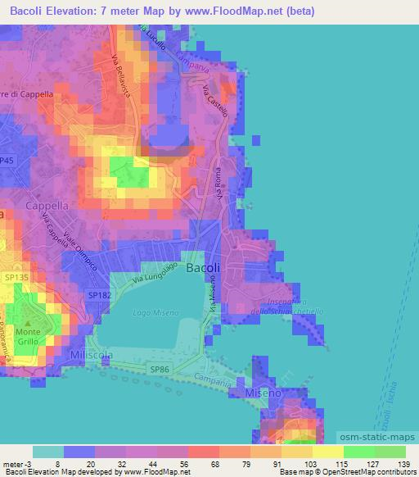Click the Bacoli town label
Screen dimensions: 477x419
[203, 268]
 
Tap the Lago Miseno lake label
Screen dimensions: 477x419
[152, 312]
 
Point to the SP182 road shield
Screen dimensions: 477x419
[99, 294]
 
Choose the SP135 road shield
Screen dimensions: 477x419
[16, 278]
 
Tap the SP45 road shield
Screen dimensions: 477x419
[7, 161]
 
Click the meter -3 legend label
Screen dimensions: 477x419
[17, 464]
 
